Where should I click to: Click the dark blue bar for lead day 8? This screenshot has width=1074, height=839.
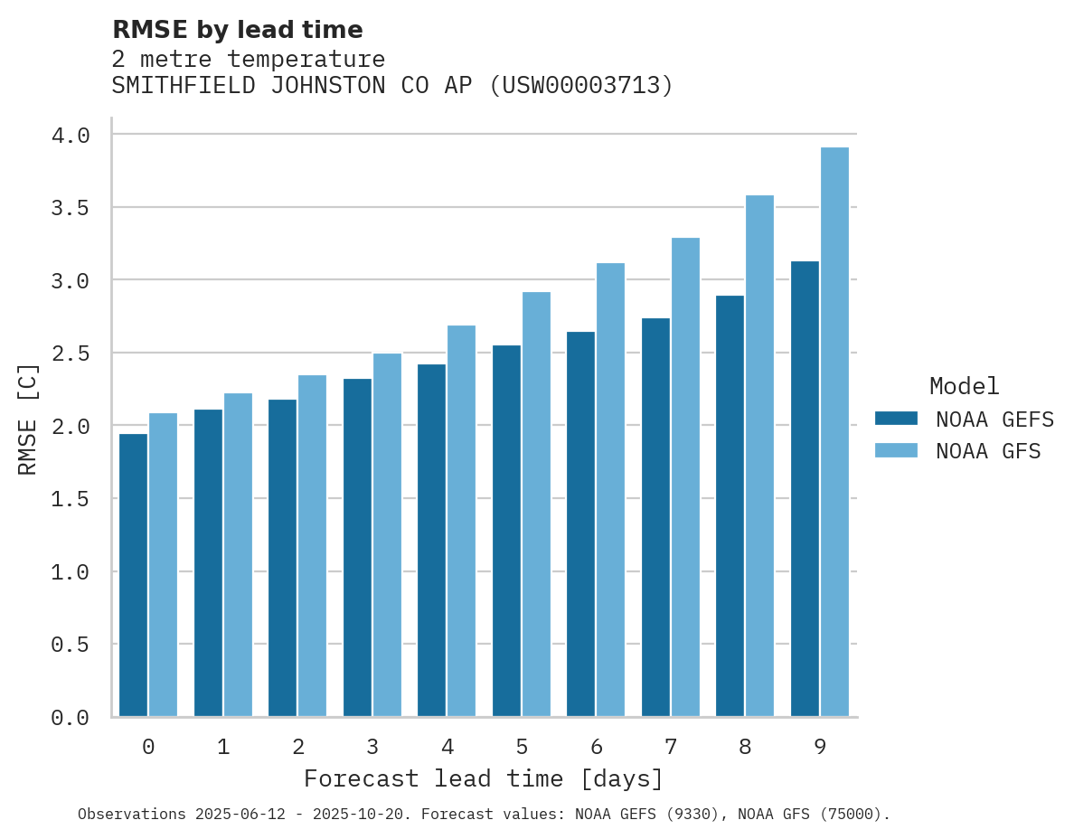730,506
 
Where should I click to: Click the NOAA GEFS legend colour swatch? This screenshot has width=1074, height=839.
896,419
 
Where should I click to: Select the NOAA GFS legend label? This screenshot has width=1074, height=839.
988,451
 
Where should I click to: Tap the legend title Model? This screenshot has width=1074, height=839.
964,386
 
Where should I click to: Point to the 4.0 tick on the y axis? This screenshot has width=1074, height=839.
71,136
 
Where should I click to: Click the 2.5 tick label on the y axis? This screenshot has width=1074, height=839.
71,354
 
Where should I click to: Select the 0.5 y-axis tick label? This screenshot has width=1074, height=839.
71,645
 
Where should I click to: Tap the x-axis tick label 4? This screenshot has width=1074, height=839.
447,748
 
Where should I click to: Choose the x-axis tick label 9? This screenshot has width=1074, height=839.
819,748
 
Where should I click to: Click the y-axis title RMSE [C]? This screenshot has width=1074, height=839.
28,419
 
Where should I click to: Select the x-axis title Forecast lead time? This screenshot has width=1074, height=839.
484,779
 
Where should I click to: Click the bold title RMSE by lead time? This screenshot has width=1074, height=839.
237,30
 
